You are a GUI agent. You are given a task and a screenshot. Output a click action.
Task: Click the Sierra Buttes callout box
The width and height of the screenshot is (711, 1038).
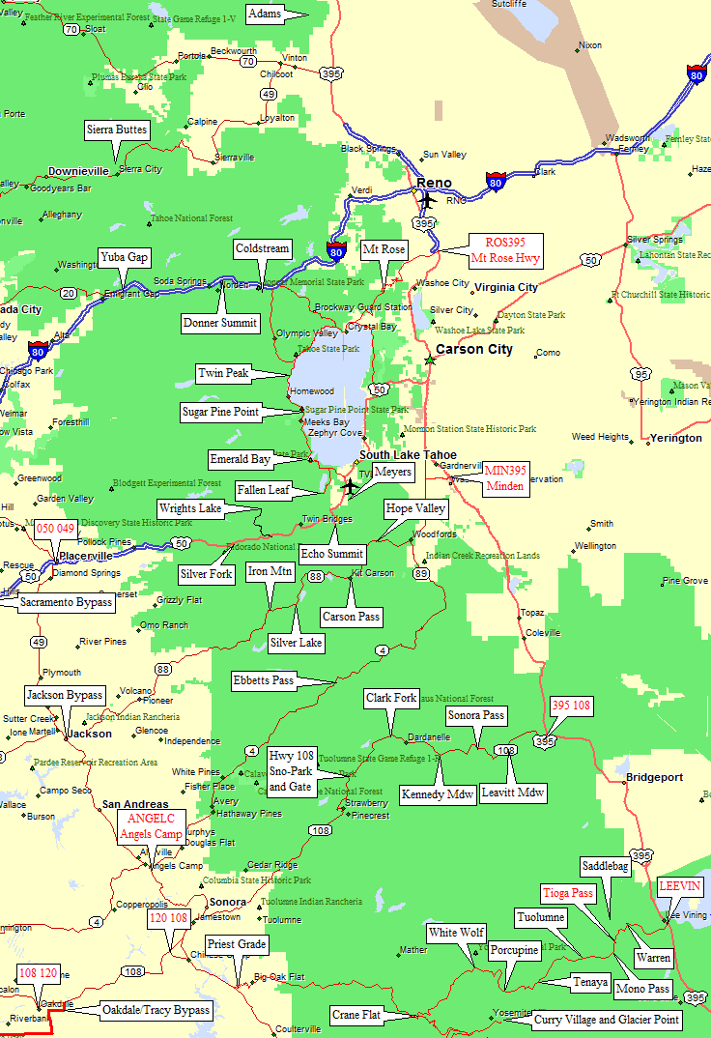117,130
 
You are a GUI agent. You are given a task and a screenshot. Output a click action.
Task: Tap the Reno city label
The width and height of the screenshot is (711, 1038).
434,183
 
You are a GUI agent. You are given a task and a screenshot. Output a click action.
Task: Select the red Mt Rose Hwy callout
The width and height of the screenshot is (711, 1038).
505,250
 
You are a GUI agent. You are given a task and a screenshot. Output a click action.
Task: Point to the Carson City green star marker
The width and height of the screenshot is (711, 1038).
430,360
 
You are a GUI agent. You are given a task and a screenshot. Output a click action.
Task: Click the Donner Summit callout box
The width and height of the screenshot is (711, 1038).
220,323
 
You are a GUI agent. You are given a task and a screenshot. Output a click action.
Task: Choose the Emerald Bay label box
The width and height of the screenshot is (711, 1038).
240,459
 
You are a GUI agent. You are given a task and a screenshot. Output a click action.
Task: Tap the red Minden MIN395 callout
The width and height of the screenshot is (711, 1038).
505,477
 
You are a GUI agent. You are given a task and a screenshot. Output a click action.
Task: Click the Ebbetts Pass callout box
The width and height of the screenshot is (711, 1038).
263,680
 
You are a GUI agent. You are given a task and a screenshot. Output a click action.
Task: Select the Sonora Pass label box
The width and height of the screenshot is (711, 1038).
476,716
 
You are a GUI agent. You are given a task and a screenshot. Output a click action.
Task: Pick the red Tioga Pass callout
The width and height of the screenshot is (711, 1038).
568,893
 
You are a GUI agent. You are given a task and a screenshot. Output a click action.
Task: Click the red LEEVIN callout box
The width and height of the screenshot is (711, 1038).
680,887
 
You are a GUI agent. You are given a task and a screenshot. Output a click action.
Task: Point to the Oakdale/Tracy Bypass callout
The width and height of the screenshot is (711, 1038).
156,1010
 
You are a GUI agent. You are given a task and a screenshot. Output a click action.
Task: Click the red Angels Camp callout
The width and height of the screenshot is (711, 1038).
151,826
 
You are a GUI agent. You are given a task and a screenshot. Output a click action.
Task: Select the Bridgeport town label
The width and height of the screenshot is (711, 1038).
654,777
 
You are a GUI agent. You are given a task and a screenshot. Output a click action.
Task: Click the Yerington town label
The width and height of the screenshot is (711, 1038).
676,438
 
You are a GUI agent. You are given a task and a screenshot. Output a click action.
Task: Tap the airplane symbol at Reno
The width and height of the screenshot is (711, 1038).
426,201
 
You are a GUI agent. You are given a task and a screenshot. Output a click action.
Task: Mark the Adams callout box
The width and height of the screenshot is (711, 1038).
265,14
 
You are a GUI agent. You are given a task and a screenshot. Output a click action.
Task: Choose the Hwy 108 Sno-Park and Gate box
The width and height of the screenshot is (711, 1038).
290,771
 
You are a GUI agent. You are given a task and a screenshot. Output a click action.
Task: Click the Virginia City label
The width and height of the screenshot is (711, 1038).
505,288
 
